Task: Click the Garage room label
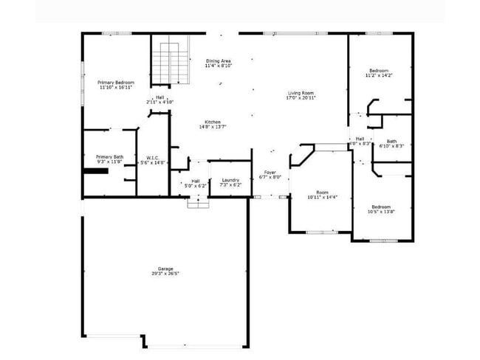point(165,269)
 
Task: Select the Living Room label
point(301,94)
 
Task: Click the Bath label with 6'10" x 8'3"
point(391,142)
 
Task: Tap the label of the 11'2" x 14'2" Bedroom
point(379,72)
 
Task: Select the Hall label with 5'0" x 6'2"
point(195,181)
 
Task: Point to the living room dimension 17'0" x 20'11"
point(301,98)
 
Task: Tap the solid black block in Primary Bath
point(96,170)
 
